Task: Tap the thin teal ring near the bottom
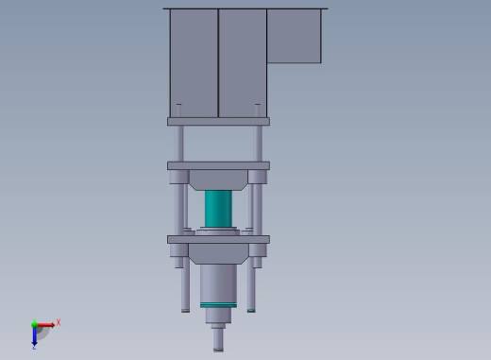pos(218,303)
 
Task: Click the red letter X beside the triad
pos(58,323)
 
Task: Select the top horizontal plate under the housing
pos(218,121)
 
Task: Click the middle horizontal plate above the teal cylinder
pos(218,165)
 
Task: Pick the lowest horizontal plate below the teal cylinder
pos(218,239)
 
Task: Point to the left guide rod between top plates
pos(179,143)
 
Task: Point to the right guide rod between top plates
pos(257,143)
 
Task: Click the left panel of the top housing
pos(194,61)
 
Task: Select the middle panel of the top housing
pos(243,61)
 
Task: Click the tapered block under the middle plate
pos(218,180)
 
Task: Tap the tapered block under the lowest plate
pos(218,253)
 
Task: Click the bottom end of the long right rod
pos(250,306)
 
